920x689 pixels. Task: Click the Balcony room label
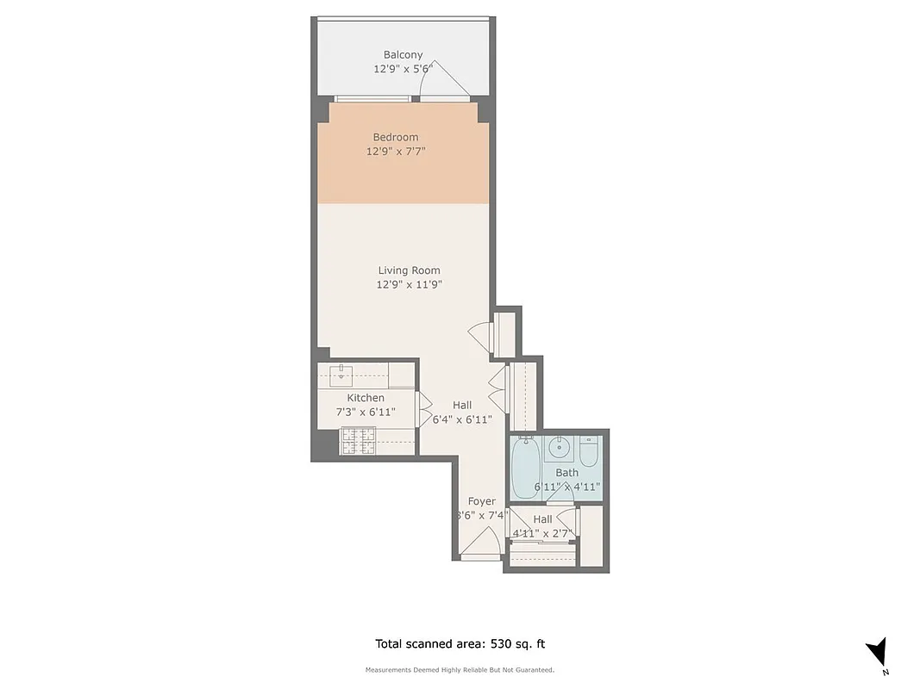pos(403,55)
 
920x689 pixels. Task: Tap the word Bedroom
pos(396,137)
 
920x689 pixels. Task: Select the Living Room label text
pos(409,270)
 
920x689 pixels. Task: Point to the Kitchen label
pos(366,398)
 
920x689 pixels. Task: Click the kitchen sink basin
pos(342,373)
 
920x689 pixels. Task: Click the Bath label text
pos(567,473)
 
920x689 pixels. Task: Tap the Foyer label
pos(482,501)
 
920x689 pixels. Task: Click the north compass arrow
pos(879,651)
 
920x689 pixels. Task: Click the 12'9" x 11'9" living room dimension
pos(409,284)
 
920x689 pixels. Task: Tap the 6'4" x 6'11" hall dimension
pos(462,419)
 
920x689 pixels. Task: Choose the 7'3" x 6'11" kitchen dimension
pos(366,413)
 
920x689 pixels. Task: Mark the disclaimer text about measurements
pos(460,670)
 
